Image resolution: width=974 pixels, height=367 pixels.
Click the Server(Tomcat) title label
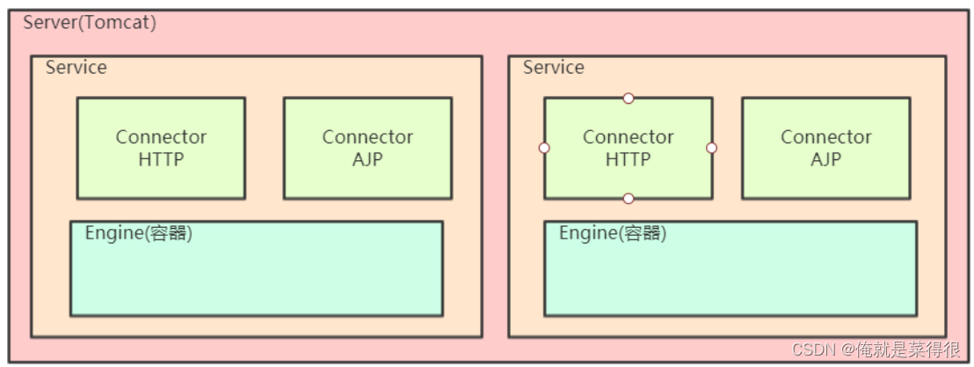click(x=90, y=23)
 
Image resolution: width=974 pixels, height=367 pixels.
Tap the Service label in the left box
click(x=76, y=67)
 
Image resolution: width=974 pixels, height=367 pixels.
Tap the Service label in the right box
click(x=553, y=67)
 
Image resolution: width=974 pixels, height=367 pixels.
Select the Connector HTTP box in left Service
click(x=161, y=148)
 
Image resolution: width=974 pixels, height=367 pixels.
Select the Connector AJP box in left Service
click(x=367, y=148)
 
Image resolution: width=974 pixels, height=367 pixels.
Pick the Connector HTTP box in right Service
click(x=628, y=148)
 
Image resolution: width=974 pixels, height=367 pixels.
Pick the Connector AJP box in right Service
click(x=825, y=148)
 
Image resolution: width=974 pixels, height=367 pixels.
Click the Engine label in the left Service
click(x=138, y=233)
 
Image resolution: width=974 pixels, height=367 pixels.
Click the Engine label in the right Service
click(x=612, y=233)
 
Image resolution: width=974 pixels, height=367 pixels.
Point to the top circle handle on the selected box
click(x=628, y=99)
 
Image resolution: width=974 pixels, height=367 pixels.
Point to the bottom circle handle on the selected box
click(x=628, y=198)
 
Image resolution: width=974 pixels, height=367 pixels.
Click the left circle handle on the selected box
click(x=544, y=148)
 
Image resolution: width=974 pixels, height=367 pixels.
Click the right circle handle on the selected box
click(x=712, y=148)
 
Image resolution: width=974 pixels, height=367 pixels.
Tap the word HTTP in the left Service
click(x=161, y=159)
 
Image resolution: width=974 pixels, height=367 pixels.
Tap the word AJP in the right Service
click(x=825, y=159)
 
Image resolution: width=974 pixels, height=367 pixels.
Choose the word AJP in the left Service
click(x=367, y=159)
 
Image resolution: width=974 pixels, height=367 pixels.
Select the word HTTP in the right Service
click(x=628, y=159)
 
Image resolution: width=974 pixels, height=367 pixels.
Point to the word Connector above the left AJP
click(x=367, y=137)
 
